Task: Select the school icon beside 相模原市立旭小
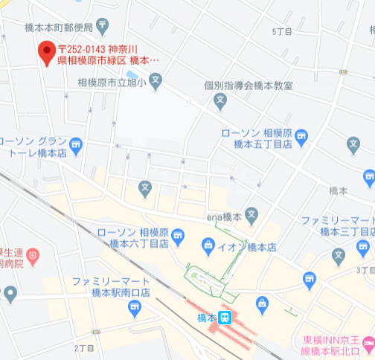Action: [x=155, y=80]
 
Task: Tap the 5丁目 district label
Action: [x=282, y=30]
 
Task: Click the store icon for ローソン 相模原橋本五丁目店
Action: [x=301, y=137]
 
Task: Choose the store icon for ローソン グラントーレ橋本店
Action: [x=77, y=144]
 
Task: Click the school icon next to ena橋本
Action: [x=251, y=216]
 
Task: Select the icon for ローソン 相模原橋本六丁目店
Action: [x=178, y=237]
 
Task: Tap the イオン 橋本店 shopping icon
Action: [x=209, y=245]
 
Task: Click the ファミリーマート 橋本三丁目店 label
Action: [x=337, y=226]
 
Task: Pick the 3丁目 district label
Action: [x=364, y=270]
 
